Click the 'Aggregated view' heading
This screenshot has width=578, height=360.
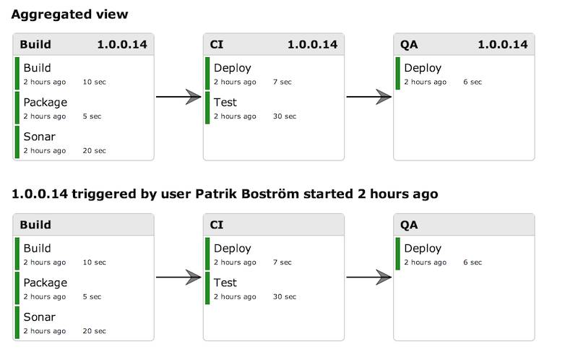69,14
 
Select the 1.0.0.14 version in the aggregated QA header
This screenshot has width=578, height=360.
503,45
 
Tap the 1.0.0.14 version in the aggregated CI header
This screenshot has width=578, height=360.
313,45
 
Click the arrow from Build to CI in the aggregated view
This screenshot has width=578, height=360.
178,97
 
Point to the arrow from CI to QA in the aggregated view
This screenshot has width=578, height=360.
368,97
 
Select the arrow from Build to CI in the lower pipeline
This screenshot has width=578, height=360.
178,277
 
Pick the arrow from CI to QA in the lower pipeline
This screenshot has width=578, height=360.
368,277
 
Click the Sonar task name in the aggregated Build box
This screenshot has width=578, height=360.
40,137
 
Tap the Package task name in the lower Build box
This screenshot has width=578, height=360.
46,283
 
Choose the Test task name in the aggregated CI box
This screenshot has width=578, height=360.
225,102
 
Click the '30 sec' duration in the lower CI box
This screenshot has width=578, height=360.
285,296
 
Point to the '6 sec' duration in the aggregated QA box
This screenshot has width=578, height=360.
473,82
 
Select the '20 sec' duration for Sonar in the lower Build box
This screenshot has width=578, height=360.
95,331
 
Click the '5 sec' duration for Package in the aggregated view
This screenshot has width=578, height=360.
92,116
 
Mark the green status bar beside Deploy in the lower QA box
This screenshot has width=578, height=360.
398,254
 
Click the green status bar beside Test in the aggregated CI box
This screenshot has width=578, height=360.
207,108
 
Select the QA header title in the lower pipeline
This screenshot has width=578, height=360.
409,225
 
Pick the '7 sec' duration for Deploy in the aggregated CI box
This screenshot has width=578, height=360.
282,82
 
